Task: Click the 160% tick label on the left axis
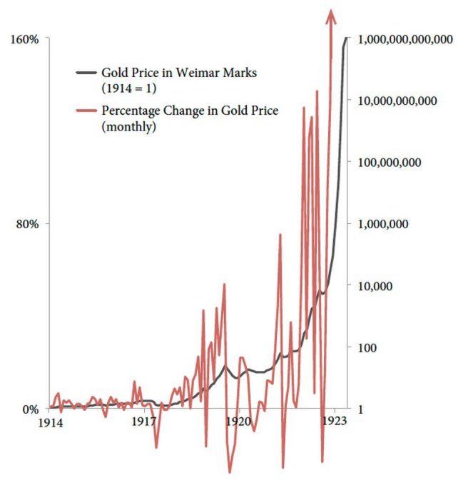(x=24, y=39)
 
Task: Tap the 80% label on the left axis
(x=27, y=223)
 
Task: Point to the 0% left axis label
(x=30, y=409)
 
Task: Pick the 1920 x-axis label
(x=238, y=422)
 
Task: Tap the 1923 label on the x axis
(x=333, y=422)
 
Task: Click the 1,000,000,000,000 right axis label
(x=406, y=40)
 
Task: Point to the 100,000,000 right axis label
(x=391, y=163)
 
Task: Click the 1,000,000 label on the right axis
(x=384, y=224)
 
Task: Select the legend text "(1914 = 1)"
(x=128, y=88)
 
